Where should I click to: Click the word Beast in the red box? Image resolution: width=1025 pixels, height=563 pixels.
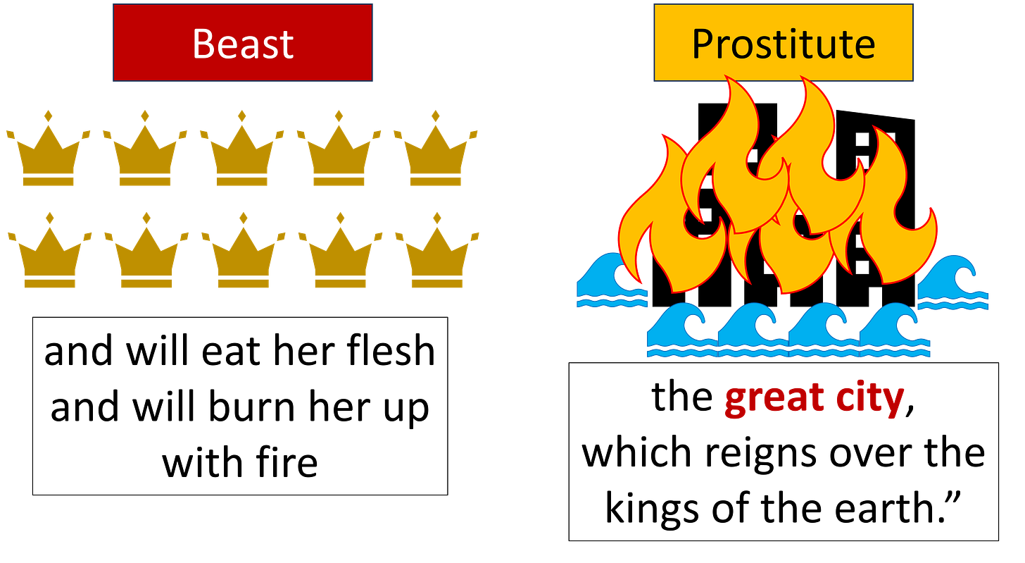tap(243, 44)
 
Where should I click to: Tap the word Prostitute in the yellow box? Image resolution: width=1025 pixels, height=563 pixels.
tap(783, 44)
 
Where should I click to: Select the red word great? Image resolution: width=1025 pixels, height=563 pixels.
tap(773, 400)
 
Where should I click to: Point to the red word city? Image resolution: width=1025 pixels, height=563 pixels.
tap(869, 400)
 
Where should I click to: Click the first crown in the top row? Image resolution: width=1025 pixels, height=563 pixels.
tap(48, 155)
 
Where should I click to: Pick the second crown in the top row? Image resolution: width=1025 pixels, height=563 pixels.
tap(145, 155)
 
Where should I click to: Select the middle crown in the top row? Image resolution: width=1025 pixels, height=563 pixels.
tap(242, 155)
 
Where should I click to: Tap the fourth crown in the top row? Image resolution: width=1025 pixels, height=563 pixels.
tap(339, 155)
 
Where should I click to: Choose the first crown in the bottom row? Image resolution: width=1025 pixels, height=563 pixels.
tap(49, 257)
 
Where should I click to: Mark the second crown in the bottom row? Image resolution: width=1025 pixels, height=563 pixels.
tap(146, 257)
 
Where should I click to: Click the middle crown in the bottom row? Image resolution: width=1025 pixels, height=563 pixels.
tap(244, 257)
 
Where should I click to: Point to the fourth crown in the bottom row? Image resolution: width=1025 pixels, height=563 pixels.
tap(340, 257)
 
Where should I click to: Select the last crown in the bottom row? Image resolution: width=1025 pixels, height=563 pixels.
tap(437, 257)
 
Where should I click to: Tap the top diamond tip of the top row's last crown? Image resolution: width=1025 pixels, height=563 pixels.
tap(436, 116)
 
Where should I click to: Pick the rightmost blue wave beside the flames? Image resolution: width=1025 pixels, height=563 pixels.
tap(955, 285)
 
